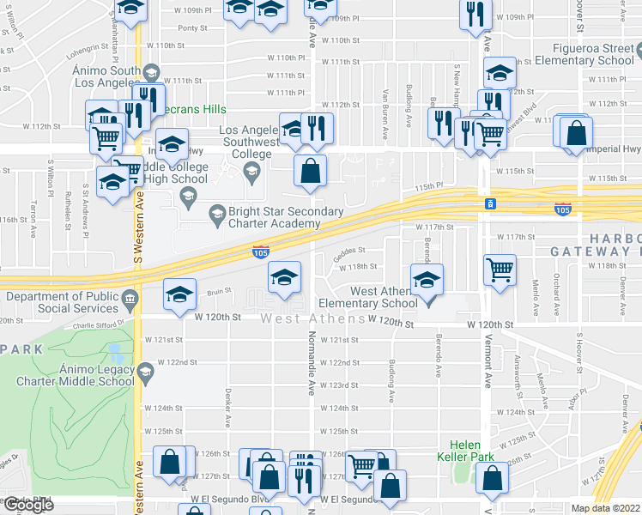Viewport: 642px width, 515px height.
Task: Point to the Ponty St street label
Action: (193, 27)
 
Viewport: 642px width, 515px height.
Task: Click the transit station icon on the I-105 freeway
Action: (489, 204)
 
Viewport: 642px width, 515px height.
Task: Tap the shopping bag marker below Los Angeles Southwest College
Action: (310, 171)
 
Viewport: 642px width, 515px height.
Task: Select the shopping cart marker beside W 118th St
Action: (500, 270)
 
